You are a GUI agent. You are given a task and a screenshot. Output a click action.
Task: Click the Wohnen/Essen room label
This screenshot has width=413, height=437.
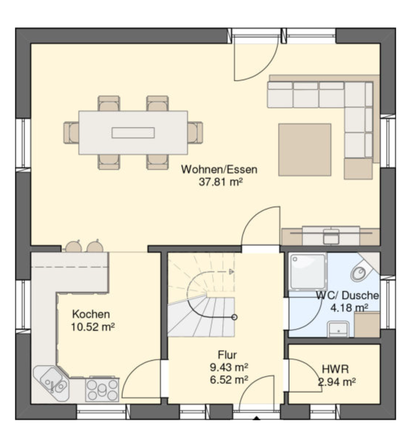219,169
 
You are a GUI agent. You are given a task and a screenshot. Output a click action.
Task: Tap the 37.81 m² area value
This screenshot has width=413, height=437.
220,182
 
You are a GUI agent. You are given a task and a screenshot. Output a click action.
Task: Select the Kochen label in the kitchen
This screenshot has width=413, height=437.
91,314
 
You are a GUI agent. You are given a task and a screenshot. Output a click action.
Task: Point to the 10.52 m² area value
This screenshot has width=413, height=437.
93,327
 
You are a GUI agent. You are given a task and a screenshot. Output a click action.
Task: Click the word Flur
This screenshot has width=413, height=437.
228,355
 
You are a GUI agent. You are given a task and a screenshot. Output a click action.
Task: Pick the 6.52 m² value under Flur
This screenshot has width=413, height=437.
229,380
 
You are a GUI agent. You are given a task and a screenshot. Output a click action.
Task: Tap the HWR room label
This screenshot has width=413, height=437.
335,369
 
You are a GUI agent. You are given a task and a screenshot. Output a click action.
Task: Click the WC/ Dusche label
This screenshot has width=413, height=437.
347,295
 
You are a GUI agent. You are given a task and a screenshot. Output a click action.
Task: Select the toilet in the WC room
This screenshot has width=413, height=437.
359,273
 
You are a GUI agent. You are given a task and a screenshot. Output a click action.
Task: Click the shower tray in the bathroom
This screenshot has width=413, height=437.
307,271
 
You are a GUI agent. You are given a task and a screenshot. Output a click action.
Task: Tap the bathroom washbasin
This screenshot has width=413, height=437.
339,329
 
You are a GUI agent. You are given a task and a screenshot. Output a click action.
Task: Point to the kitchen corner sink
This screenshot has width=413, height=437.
53,384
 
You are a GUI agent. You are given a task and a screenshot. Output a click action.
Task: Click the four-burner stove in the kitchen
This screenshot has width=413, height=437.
102,390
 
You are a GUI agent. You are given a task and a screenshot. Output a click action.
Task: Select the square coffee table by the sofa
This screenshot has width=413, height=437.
305,149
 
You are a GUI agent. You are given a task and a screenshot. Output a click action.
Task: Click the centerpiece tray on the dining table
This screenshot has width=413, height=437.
133,133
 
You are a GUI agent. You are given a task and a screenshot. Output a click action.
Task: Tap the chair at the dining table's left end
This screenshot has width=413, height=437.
71,133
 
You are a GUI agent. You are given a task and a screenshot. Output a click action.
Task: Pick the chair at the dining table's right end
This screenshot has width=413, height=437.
195,133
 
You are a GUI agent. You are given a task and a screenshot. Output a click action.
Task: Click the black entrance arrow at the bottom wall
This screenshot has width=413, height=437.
256,417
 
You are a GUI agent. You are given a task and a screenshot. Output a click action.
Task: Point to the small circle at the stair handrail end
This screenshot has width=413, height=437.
234,317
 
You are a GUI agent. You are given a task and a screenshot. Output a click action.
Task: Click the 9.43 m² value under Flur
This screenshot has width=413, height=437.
229,367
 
